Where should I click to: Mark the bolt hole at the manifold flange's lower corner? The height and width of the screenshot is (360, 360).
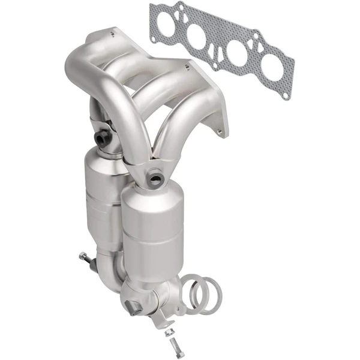point(223,128)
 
